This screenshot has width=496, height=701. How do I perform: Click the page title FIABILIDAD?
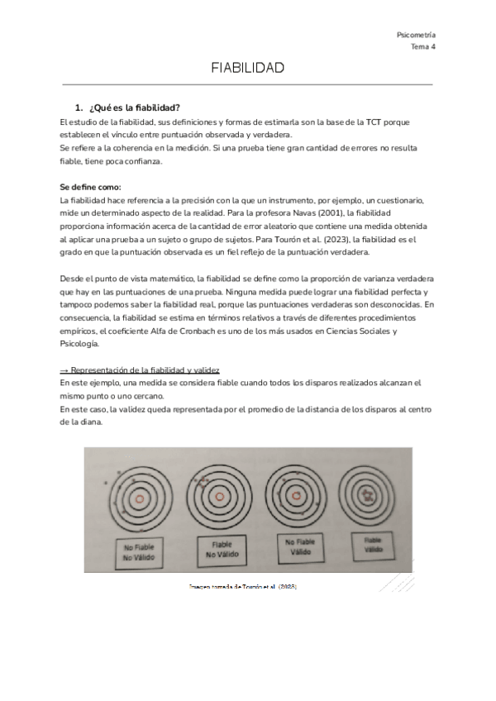pos(248,68)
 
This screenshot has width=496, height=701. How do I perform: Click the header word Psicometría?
pos(417,35)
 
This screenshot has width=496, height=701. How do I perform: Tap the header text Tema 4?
pos(422,47)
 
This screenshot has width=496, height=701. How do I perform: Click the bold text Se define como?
pos(91,187)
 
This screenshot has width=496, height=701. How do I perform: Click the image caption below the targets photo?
pos(242,585)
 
